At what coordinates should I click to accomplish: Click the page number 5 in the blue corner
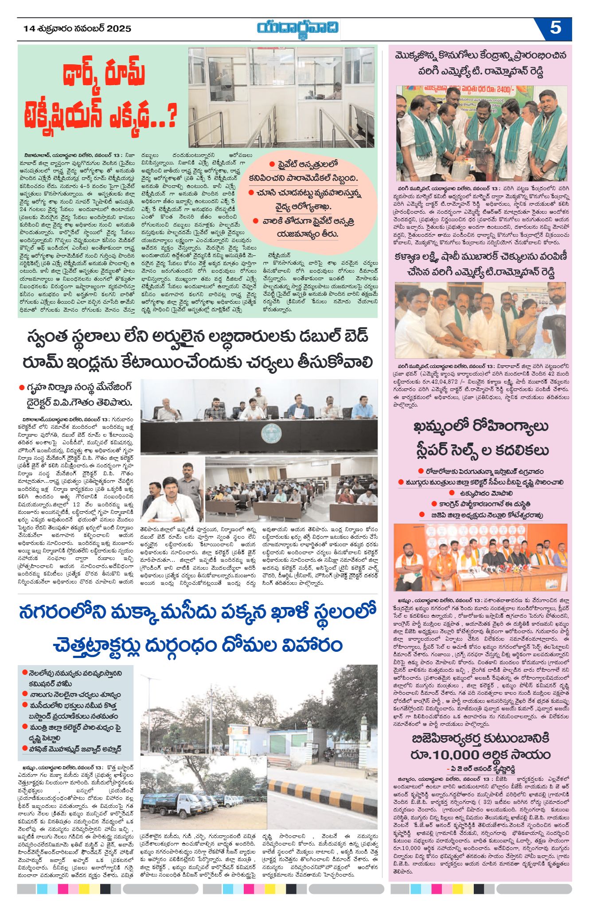[x=555, y=28]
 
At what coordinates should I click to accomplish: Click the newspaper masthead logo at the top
[x=298, y=29]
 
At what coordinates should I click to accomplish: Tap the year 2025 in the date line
[x=120, y=29]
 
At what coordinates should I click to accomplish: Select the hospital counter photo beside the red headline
[x=281, y=97]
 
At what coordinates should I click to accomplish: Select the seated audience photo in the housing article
[x=291, y=489]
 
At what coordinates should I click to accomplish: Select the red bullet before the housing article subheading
[x=21, y=388]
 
